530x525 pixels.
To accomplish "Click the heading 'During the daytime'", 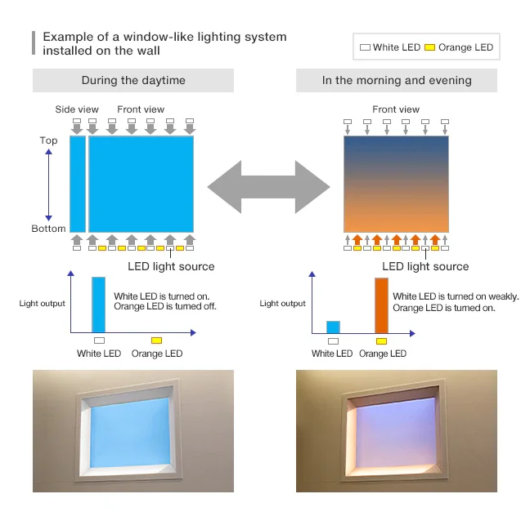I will point(133,80).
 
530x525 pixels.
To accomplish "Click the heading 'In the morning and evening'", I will point(397,80).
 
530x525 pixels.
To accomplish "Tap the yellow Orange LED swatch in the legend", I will point(429,47).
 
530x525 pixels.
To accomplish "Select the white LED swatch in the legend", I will point(365,47).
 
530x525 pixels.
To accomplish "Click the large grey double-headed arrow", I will point(268,188).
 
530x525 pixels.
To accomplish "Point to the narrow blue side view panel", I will point(78,184).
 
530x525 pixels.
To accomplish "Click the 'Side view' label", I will point(76,109).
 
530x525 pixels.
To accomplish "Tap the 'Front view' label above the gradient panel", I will point(396,109).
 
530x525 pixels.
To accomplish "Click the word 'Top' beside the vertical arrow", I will point(49,140).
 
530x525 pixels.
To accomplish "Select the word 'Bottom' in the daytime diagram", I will point(48,229).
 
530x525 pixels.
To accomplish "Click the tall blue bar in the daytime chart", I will point(99,305).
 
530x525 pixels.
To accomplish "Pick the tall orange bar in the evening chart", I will point(381,305).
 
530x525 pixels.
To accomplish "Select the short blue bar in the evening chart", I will point(333,327).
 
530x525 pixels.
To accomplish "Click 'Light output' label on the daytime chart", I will point(43,304).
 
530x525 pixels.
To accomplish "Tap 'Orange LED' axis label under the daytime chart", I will point(156,354).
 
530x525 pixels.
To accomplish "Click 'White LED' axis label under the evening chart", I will point(332,354).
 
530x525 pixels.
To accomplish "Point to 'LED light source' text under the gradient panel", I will point(425,266).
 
